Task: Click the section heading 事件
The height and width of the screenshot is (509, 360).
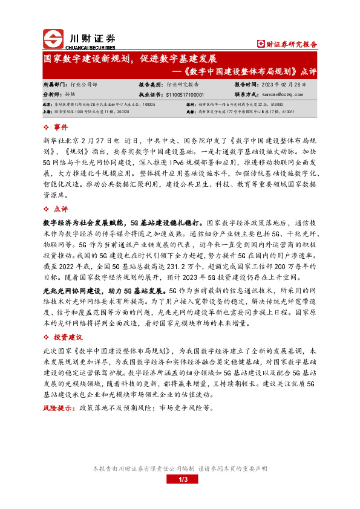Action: pos(61,128)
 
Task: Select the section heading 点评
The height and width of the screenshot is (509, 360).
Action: pos(61,208)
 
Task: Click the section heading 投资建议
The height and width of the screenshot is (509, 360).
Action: pos(68,337)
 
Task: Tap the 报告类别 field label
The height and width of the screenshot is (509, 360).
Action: pos(151,85)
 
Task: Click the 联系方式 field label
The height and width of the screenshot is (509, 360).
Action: pos(247,95)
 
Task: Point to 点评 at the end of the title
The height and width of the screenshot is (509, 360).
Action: pos(307,71)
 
